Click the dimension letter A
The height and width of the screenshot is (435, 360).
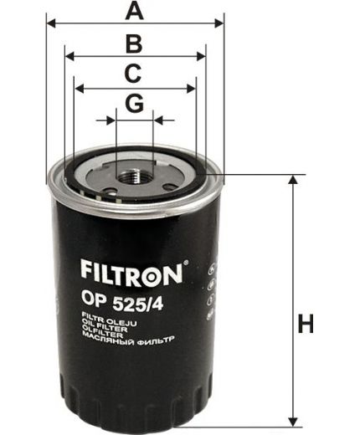[132, 11]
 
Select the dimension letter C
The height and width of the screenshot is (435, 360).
[132, 74]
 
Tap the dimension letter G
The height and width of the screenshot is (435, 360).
[134, 105]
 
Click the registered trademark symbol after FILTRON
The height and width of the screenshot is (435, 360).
[186, 263]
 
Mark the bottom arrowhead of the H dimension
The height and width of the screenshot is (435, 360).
[292, 420]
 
